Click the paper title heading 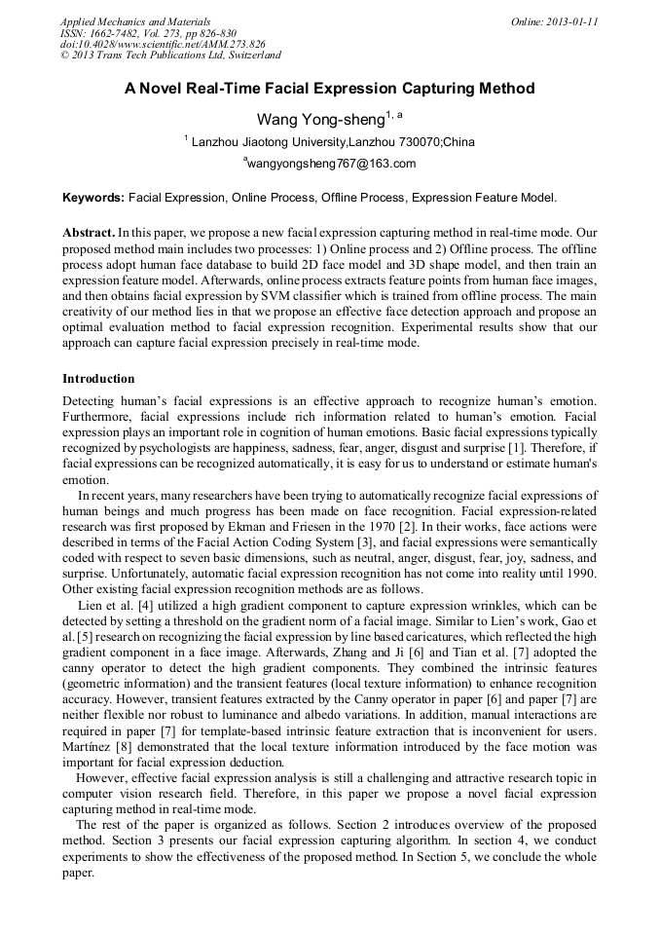pos(329,89)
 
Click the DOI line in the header pos(163,44)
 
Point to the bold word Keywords pos(92,197)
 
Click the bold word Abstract pos(89,234)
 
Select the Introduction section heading pos(98,378)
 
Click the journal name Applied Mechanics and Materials pos(134,21)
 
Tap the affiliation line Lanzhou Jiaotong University pos(330,142)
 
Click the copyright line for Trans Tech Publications pos(170,56)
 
